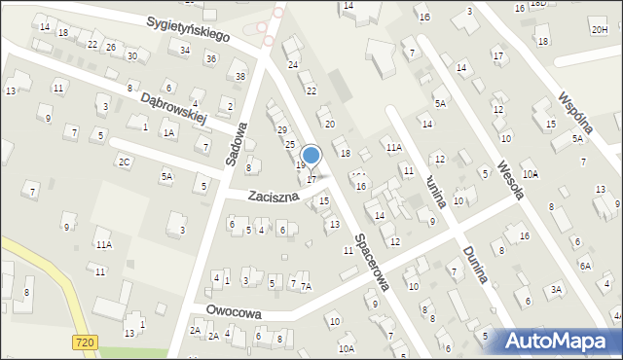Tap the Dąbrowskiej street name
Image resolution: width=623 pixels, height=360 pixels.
(175, 107)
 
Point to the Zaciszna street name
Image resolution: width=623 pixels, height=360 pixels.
(272, 196)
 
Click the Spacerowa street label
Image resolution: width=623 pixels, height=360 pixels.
(372, 261)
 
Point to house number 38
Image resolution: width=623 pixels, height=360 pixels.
(240, 76)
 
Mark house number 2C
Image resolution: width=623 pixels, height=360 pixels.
(125, 162)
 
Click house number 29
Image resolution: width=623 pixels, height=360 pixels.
(282, 129)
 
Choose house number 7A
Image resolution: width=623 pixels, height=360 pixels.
(306, 286)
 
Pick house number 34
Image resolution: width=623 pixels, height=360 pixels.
(185, 49)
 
